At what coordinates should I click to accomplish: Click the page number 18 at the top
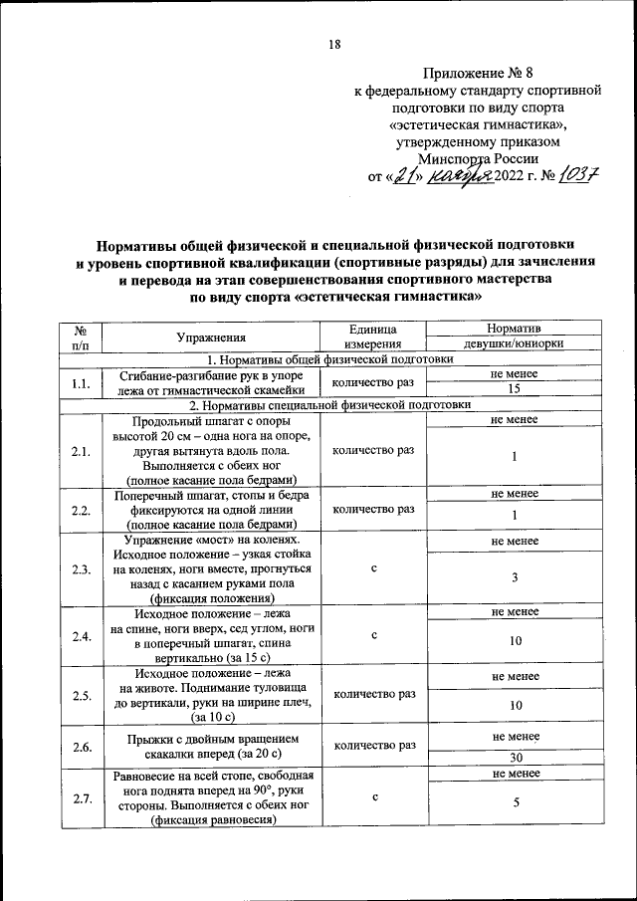[x=333, y=44]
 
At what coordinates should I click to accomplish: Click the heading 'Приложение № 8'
[x=479, y=74]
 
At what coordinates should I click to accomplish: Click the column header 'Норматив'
[x=514, y=328]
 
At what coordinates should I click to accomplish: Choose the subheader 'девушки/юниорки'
[x=514, y=344]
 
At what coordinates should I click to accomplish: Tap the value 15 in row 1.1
[x=514, y=389]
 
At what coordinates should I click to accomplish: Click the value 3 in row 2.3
[x=514, y=577]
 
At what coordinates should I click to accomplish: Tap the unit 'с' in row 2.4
[x=372, y=633]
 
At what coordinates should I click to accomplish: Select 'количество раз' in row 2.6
[x=372, y=744]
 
